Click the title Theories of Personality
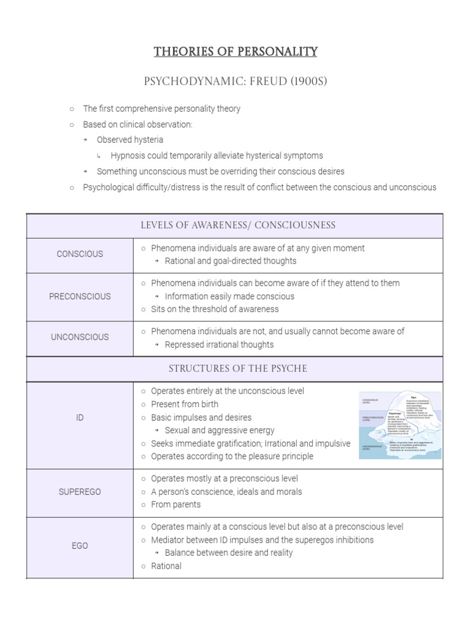click(x=235, y=52)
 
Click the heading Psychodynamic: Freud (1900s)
click(x=235, y=82)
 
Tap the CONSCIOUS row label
click(x=80, y=254)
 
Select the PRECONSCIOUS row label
click(x=80, y=296)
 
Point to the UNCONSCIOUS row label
click(x=80, y=337)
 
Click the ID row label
click(x=80, y=418)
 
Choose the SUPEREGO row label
click(x=80, y=492)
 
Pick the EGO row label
click(x=80, y=546)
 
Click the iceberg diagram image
click(x=400, y=424)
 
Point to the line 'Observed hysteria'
click(x=129, y=140)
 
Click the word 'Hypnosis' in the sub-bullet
click(x=128, y=156)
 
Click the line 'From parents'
click(x=175, y=505)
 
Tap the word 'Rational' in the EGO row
click(x=166, y=566)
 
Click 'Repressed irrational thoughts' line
click(x=219, y=345)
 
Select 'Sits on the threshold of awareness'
click(x=215, y=309)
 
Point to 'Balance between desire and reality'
click(x=229, y=553)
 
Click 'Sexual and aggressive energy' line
click(x=220, y=431)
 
